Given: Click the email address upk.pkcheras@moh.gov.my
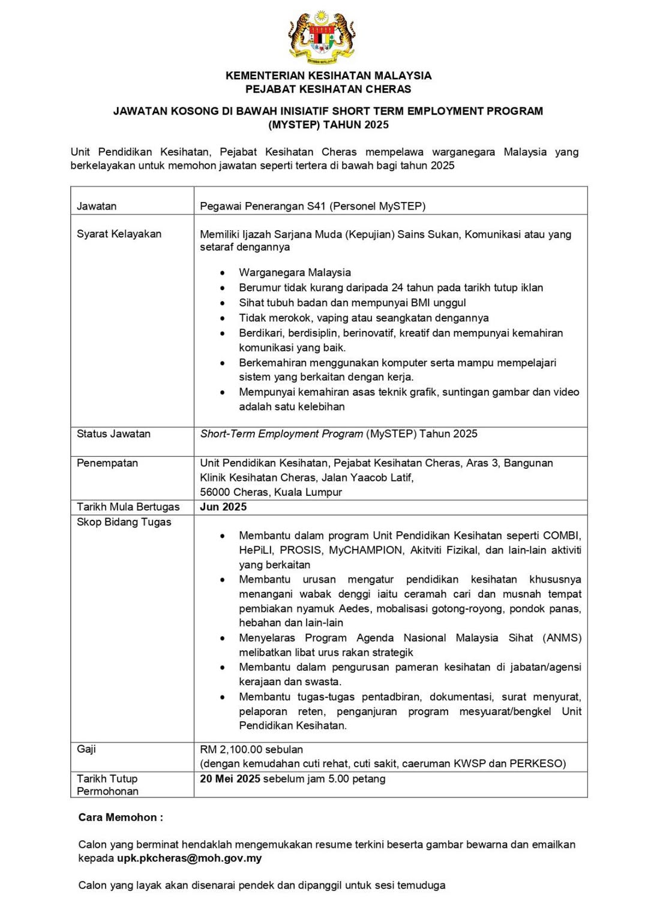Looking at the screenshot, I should [x=190, y=858].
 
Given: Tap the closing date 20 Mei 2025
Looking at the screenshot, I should [x=230, y=779].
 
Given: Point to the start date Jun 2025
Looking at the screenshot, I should [x=223, y=507].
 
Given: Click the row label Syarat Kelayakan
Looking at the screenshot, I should [x=119, y=234].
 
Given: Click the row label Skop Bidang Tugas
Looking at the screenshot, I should [x=124, y=522].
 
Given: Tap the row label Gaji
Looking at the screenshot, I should [x=86, y=749].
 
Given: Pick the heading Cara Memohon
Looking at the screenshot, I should [x=121, y=817].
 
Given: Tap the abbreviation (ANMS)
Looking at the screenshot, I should [x=562, y=638].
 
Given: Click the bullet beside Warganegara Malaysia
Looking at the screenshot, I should [x=223, y=273].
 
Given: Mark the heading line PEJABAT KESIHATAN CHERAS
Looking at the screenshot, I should [x=328, y=89].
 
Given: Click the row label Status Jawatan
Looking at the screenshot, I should [x=113, y=433].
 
